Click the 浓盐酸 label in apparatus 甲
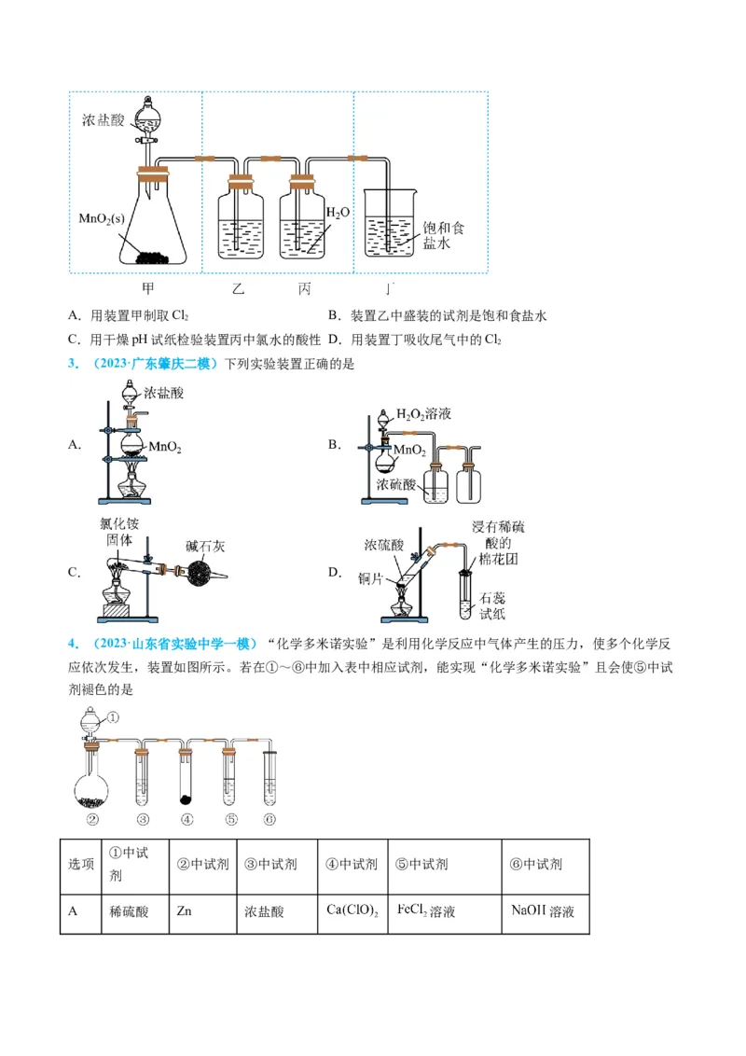point(103,120)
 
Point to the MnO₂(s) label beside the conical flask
point(102,218)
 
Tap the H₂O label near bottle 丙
point(338,213)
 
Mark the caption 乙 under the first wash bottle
point(238,288)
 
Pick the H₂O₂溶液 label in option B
point(423,413)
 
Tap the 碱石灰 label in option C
point(205,546)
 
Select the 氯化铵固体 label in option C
point(120,532)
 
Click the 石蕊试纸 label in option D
point(491,604)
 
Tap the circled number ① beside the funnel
point(113,717)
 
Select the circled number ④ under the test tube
point(186,820)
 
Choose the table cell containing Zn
point(201,910)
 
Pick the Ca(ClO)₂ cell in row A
point(352,910)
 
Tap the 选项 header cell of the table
point(81,864)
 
